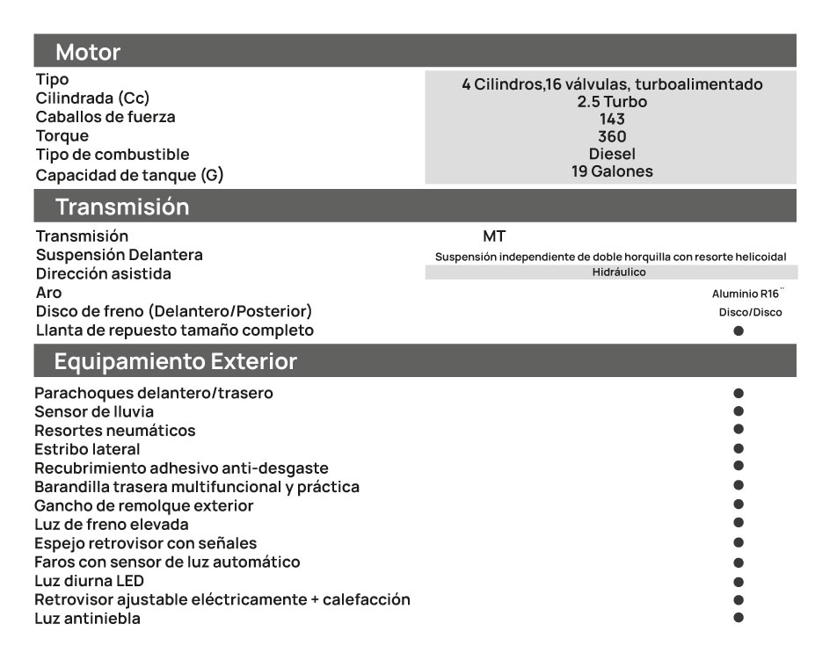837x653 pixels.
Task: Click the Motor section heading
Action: pos(88,52)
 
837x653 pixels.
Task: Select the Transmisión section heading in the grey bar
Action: pos(122,207)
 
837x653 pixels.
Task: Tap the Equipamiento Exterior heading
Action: pos(175,361)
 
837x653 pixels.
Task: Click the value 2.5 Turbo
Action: pos(612,102)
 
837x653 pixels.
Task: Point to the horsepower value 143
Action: pos(612,120)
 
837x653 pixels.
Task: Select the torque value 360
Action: pos(612,137)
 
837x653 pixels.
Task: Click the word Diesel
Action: pos(612,154)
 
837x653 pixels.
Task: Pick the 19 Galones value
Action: pos(612,171)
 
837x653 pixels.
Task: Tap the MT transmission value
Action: pos(494,236)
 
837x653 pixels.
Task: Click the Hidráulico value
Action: pos(619,272)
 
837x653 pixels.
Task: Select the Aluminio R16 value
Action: pos(746,294)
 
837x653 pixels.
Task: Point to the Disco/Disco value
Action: pos(750,312)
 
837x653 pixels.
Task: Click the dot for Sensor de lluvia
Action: pos(739,410)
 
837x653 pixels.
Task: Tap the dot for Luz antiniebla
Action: pos(739,618)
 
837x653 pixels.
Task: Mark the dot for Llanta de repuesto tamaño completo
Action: pos(739,331)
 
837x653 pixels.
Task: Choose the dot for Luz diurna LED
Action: pos(739,581)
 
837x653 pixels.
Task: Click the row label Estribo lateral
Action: pos(87,449)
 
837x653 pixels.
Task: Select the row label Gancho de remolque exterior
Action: pos(143,505)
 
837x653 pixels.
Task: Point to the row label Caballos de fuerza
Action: pos(105,117)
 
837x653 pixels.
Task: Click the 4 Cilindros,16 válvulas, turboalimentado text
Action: pos(612,84)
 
